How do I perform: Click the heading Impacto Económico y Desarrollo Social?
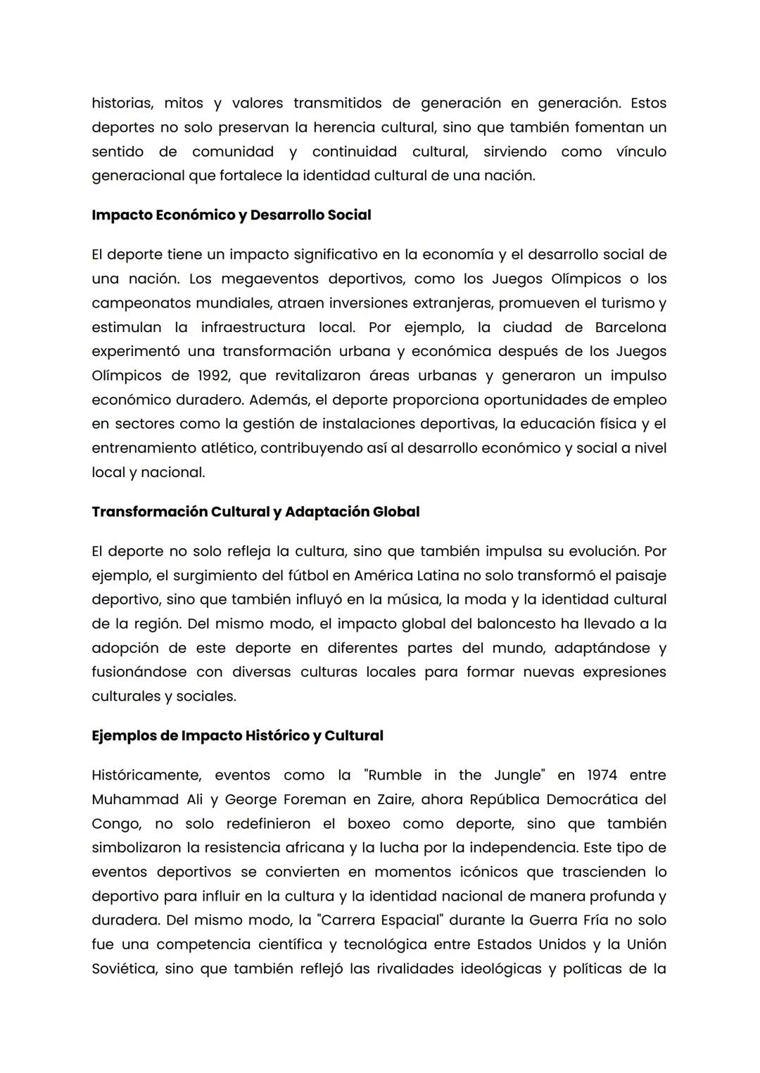pyautogui.click(x=231, y=215)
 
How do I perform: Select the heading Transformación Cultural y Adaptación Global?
pyautogui.click(x=255, y=512)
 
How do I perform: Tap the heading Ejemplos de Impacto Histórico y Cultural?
pyautogui.click(x=237, y=736)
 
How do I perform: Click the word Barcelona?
pyautogui.click(x=631, y=328)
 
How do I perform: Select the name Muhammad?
pyautogui.click(x=133, y=800)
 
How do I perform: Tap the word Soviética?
pyautogui.click(x=123, y=969)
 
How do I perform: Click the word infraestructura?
pyautogui.click(x=253, y=328)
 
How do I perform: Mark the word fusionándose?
pyautogui.click(x=139, y=672)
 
